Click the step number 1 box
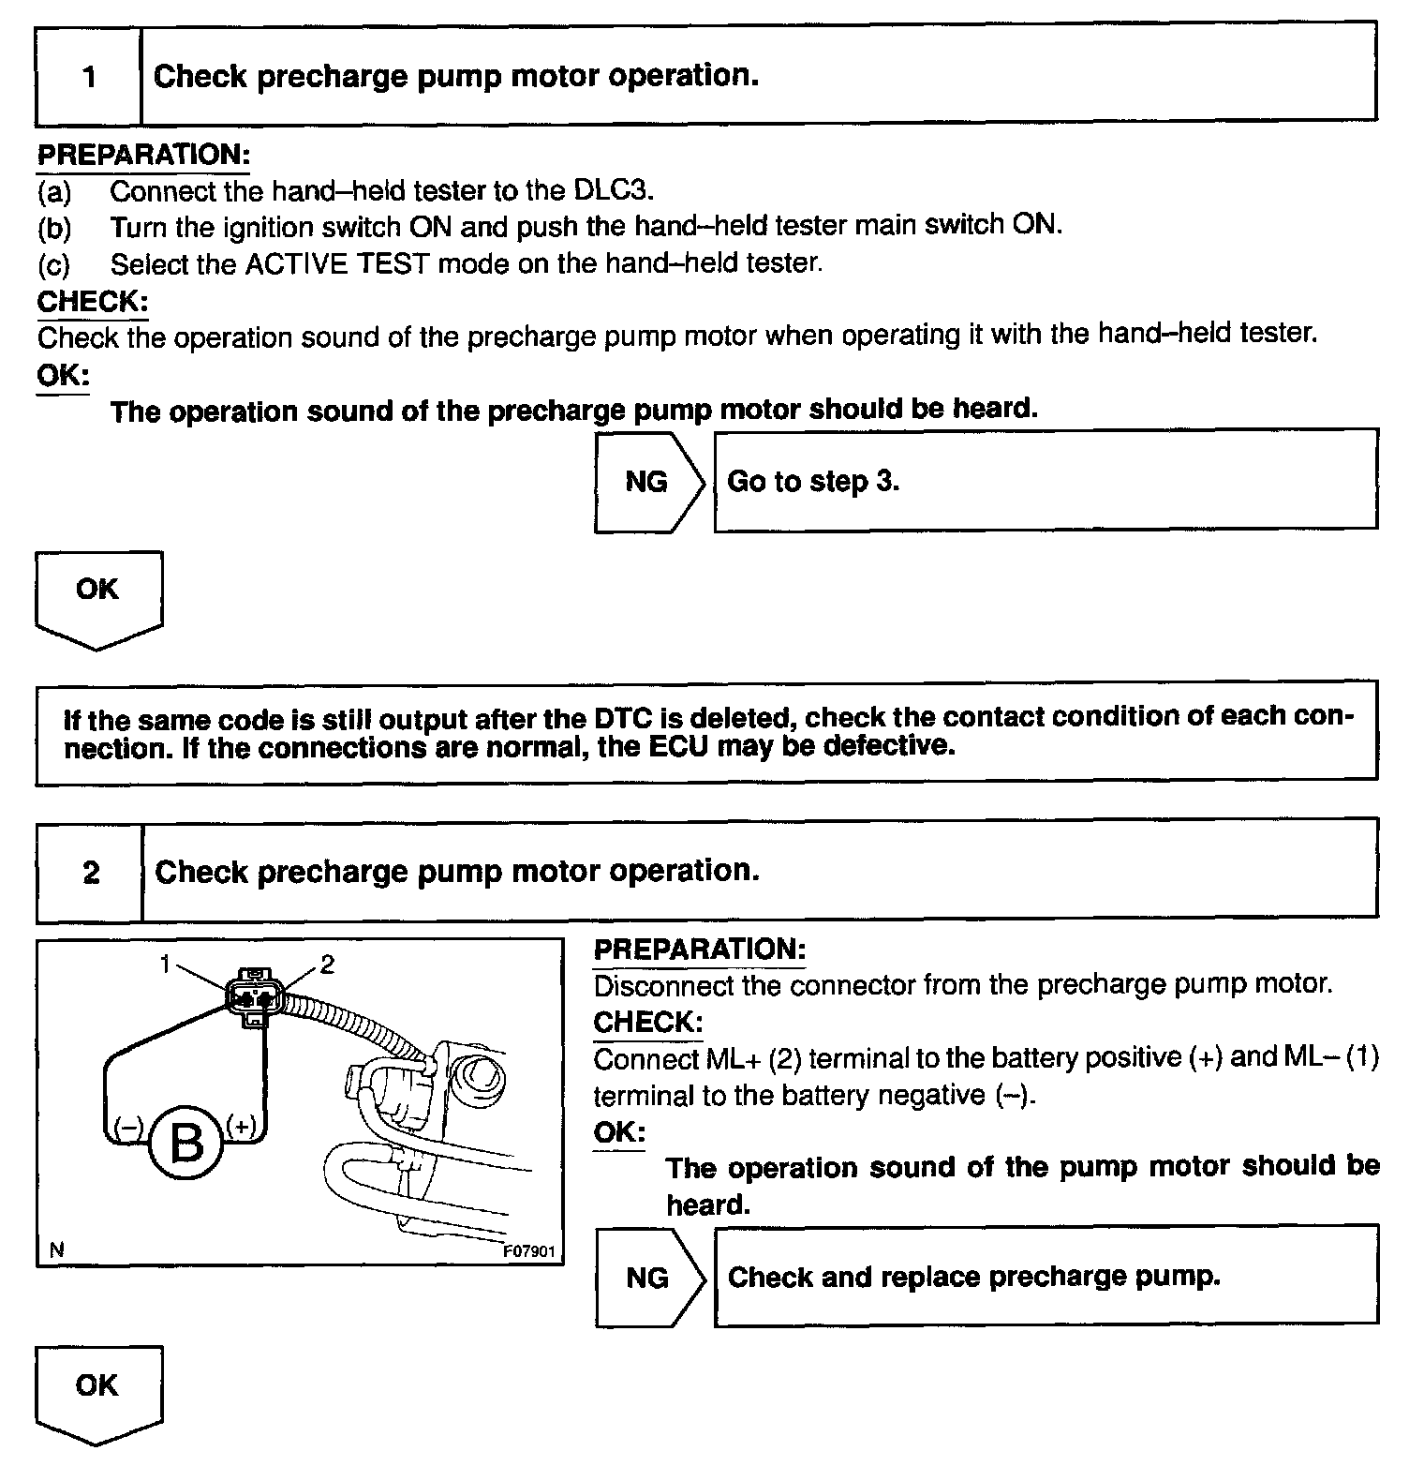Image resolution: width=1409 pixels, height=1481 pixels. click(x=89, y=76)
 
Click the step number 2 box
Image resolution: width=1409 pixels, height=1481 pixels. click(x=90, y=872)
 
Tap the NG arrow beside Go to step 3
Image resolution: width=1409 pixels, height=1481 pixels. click(x=647, y=482)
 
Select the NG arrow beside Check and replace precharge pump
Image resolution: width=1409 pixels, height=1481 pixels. click(x=647, y=1278)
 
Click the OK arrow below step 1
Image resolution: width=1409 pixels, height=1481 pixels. click(x=97, y=596)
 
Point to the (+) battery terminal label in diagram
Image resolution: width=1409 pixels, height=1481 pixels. click(x=241, y=1125)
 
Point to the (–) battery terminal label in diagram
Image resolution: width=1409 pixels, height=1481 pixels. click(x=127, y=1126)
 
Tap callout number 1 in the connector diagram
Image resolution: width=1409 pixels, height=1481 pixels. click(x=166, y=963)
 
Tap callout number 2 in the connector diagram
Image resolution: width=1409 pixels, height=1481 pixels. click(x=327, y=963)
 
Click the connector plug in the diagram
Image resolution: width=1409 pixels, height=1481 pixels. click(x=253, y=995)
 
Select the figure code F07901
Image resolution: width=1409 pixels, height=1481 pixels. click(x=529, y=1251)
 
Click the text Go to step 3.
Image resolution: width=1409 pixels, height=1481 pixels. click(x=812, y=482)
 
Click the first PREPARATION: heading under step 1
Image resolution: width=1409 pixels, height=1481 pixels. click(x=143, y=155)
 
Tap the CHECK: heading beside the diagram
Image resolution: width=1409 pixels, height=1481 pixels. click(x=648, y=1021)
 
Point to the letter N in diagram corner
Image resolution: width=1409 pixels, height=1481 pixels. click(x=57, y=1249)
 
